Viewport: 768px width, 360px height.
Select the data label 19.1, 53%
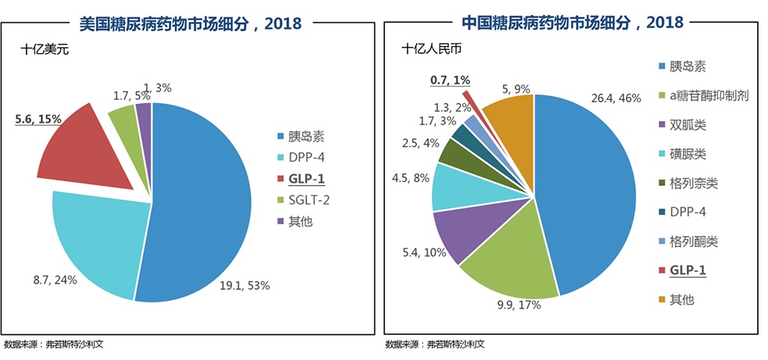pyautogui.click(x=245, y=285)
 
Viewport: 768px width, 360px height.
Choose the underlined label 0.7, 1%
pyautogui.click(x=450, y=80)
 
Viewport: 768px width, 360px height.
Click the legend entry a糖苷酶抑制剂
pyautogui.click(x=702, y=96)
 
